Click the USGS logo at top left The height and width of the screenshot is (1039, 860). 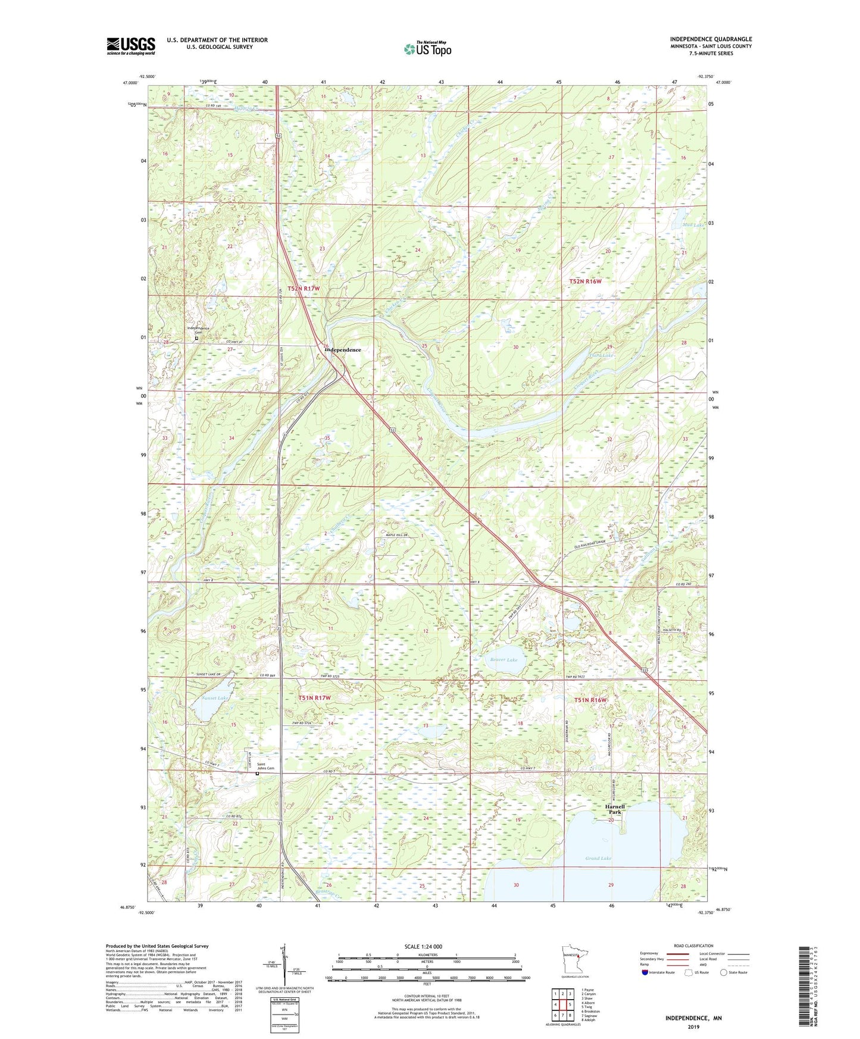(130, 46)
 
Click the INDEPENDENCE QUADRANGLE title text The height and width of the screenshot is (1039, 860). (711, 39)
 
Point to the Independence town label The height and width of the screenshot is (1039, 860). (343, 350)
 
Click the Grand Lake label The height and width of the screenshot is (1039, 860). (598, 858)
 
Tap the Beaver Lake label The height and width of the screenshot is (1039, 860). (504, 660)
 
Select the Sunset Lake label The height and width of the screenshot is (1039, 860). (215, 697)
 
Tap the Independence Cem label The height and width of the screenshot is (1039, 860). (198, 330)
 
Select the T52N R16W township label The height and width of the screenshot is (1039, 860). (586, 281)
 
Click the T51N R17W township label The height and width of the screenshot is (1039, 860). (314, 697)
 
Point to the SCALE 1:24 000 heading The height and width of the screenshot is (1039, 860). (423, 946)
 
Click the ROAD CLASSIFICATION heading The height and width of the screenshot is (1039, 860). (693, 946)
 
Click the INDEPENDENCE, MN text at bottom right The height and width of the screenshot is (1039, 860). (693, 1018)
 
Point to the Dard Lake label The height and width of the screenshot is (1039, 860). (601, 355)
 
